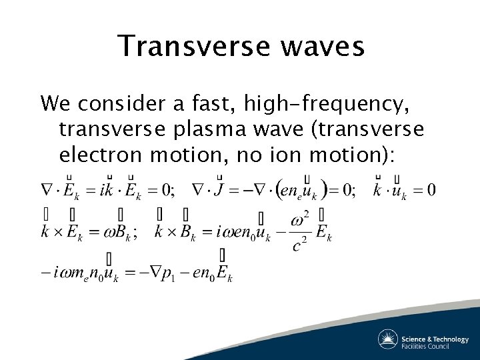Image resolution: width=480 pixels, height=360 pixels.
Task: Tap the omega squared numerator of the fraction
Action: (x=301, y=221)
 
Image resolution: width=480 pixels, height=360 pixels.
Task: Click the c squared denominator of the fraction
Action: (x=301, y=245)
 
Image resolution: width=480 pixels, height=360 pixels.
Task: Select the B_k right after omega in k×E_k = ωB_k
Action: (x=124, y=232)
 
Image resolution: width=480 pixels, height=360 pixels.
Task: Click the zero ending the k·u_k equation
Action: (x=431, y=191)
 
